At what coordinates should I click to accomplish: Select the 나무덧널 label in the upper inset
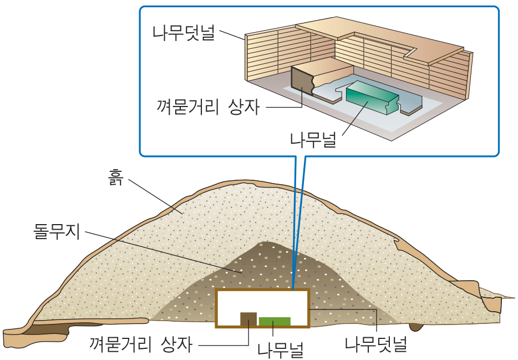(184, 33)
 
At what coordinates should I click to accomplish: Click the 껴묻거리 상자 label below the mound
(141, 344)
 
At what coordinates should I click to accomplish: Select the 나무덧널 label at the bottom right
(375, 344)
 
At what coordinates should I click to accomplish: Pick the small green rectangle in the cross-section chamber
(275, 321)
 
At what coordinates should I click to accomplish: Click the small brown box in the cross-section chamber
(248, 318)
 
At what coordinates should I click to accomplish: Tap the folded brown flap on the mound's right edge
(488, 300)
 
